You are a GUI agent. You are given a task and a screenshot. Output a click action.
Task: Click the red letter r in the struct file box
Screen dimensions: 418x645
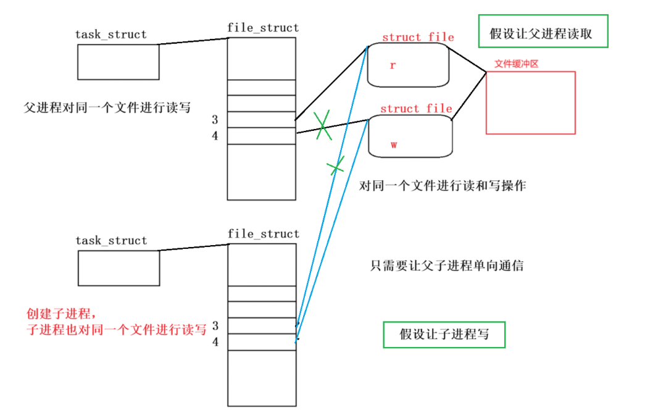(x=393, y=65)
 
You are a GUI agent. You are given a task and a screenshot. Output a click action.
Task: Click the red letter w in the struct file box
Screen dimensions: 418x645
(x=393, y=144)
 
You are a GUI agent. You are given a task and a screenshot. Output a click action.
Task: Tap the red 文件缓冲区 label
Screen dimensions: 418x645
(x=517, y=64)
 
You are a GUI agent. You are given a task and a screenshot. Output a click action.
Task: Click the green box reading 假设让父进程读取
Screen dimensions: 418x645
(x=543, y=31)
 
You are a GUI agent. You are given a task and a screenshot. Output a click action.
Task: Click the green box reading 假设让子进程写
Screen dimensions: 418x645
(x=444, y=334)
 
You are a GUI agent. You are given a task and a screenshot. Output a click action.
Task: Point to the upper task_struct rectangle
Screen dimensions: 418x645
(x=119, y=62)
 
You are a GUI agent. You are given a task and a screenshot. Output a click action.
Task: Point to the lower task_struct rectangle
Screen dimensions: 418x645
(x=119, y=268)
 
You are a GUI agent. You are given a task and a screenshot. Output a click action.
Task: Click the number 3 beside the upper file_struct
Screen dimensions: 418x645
(x=215, y=120)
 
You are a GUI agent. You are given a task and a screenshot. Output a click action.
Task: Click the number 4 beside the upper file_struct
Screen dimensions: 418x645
(x=215, y=136)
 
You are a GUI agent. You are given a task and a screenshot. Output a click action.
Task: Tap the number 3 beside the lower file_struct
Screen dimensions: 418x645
(x=215, y=325)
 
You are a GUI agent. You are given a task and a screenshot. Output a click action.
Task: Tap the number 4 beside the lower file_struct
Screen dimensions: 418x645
(x=215, y=341)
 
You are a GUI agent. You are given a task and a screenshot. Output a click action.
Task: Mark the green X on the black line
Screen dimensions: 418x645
(x=322, y=126)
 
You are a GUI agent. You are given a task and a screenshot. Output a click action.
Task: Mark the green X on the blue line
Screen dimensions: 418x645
(x=336, y=165)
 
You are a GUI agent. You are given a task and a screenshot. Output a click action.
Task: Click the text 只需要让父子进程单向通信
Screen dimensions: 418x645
(x=447, y=266)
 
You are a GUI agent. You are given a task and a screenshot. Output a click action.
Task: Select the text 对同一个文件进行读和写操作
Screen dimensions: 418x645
(x=443, y=185)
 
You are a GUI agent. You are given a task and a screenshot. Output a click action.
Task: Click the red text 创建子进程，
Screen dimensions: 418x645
(x=62, y=314)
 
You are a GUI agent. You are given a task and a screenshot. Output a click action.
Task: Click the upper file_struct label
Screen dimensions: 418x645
(x=263, y=28)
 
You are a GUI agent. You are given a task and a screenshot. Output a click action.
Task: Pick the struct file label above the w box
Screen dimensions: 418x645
(x=416, y=109)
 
